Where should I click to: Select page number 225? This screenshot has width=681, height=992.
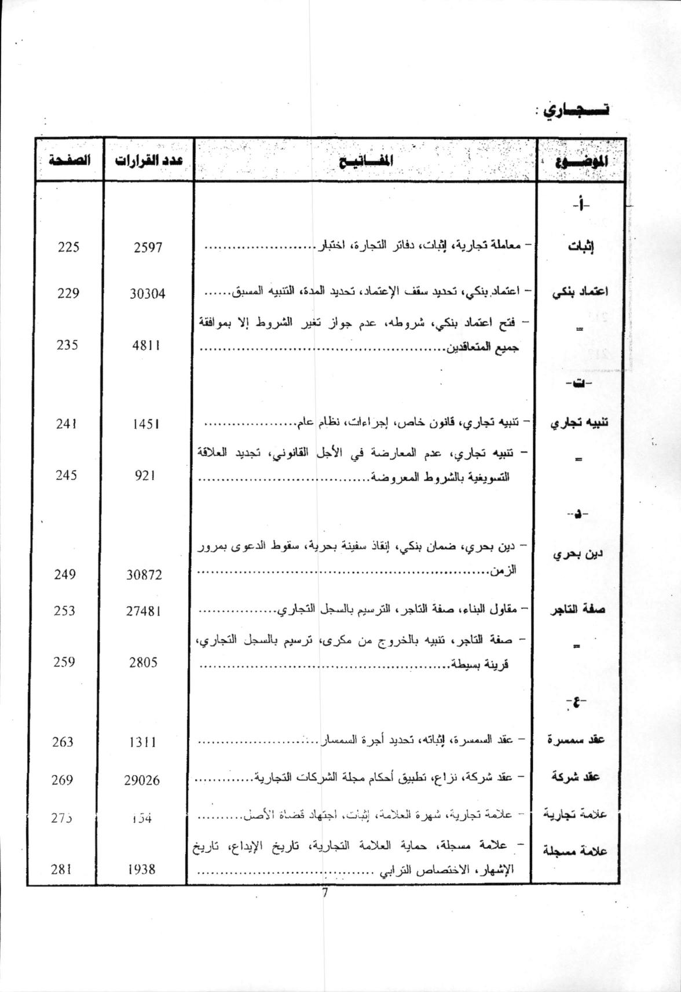pos(68,247)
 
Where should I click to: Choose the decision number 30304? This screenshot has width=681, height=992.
pos(148,294)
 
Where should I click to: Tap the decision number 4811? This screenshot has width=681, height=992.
pos(145,345)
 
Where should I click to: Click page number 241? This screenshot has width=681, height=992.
pos(67,424)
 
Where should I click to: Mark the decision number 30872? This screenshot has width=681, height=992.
pos(144,575)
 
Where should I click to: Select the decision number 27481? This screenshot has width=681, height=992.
pos(144,611)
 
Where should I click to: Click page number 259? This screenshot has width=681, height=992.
pos(64,662)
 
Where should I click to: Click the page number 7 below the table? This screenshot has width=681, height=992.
pos(325,893)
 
